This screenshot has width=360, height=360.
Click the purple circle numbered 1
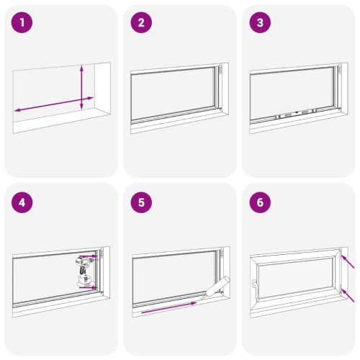click(24, 23)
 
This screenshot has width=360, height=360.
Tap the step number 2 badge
click(142, 23)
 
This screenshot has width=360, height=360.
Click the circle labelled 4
click(24, 202)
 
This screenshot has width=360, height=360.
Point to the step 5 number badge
click(142, 202)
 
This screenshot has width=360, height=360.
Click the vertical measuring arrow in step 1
click(82, 86)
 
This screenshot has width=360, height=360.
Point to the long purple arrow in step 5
click(168, 308)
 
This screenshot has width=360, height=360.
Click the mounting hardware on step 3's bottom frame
click(292, 114)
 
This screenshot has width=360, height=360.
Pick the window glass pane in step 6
click(295, 280)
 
